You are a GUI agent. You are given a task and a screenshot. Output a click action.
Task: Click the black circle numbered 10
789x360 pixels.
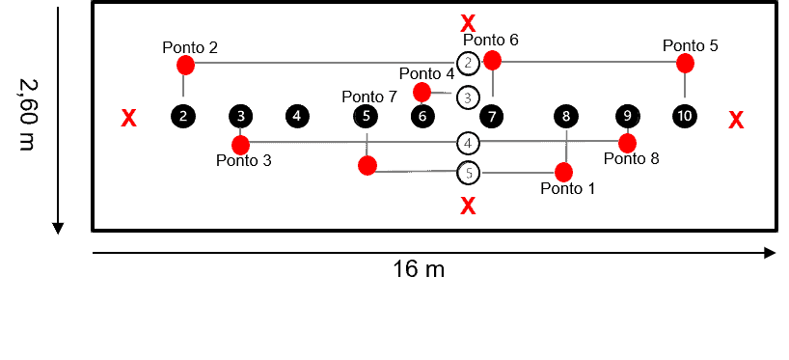pos(685,117)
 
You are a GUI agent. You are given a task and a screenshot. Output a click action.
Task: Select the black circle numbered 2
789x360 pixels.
pos(183,117)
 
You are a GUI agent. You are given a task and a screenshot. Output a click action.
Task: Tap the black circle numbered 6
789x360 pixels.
pos(422,117)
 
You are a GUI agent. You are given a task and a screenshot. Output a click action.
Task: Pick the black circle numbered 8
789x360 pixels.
pos(566,117)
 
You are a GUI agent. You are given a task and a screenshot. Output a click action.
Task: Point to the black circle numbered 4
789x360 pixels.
pos(297,117)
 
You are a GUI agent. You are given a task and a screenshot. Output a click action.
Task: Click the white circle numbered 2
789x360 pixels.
pos(468,64)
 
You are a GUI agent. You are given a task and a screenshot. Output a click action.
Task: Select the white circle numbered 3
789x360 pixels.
pos(468,97)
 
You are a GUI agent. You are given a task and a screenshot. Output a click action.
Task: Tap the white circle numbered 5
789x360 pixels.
pos(468,174)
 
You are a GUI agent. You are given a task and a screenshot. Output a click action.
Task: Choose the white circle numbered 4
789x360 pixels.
pos(468,144)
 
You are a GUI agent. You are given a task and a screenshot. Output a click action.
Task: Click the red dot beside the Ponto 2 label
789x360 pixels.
pos(186,66)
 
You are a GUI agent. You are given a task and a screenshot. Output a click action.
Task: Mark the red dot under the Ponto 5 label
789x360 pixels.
pos(685,64)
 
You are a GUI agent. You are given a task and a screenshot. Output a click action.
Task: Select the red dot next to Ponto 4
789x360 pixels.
pos(422,93)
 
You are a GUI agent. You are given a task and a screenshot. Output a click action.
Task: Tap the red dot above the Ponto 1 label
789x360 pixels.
pos(564,173)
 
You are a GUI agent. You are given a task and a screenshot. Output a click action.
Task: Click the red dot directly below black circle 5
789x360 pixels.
pos(367,165)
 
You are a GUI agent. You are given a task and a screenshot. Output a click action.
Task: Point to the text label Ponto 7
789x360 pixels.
pos(369,97)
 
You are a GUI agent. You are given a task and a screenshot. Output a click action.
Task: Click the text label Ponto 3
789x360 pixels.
pos(244,161)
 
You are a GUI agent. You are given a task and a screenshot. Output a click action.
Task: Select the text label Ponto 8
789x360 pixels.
pos(632,159)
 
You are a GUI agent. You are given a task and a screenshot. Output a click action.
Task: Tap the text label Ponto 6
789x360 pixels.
pos(491,40)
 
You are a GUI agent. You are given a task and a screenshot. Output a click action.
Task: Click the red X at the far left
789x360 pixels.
pos(128,119)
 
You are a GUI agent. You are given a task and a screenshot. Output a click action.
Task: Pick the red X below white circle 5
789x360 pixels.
pos(468,206)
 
